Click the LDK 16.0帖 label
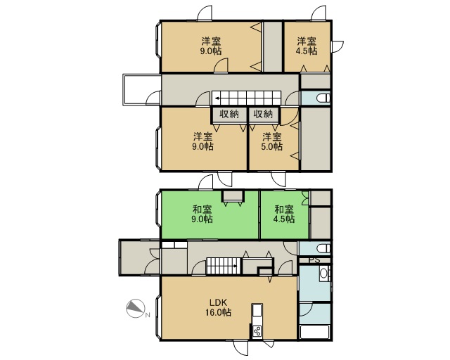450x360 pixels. [219, 307]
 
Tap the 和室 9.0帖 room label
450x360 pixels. [202, 214]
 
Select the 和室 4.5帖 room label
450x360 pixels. [284, 214]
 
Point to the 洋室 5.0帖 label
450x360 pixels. [272, 141]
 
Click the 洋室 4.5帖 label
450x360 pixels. [307, 46]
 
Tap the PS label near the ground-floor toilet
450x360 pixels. [314, 261]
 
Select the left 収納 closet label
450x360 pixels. [229, 114]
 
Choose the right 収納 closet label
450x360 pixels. [263, 114]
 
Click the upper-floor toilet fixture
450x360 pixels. [323, 98]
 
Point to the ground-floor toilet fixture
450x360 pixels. [323, 248]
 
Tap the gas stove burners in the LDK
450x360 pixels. [257, 331]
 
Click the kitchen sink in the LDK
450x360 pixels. [257, 311]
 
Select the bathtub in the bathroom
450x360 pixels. [314, 332]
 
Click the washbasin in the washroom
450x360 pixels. [323, 273]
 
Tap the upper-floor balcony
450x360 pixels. [142, 89]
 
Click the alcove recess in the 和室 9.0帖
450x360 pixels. [233, 196]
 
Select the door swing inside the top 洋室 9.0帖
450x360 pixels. [221, 65]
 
